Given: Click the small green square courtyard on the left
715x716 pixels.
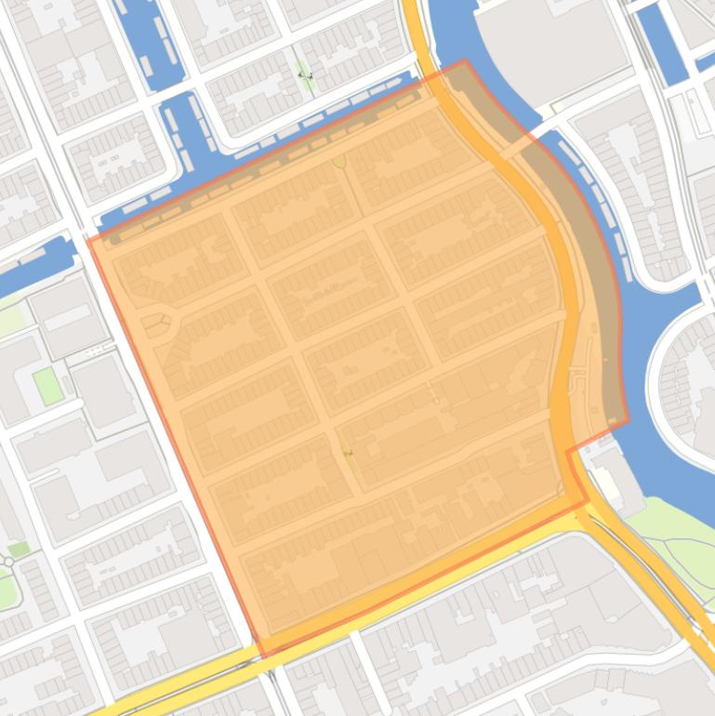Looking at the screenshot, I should pos(47,386).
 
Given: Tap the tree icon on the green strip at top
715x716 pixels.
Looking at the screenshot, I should pos(304,74).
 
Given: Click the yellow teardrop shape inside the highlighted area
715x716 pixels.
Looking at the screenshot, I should pos(339,162).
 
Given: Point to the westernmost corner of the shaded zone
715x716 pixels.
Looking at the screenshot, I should pos(88,239).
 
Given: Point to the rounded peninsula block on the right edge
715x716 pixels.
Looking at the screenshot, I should pos(683,381).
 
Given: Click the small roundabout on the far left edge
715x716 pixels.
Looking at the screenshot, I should pos(8,562).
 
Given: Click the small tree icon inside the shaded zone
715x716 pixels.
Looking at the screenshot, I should pos(349,454).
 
